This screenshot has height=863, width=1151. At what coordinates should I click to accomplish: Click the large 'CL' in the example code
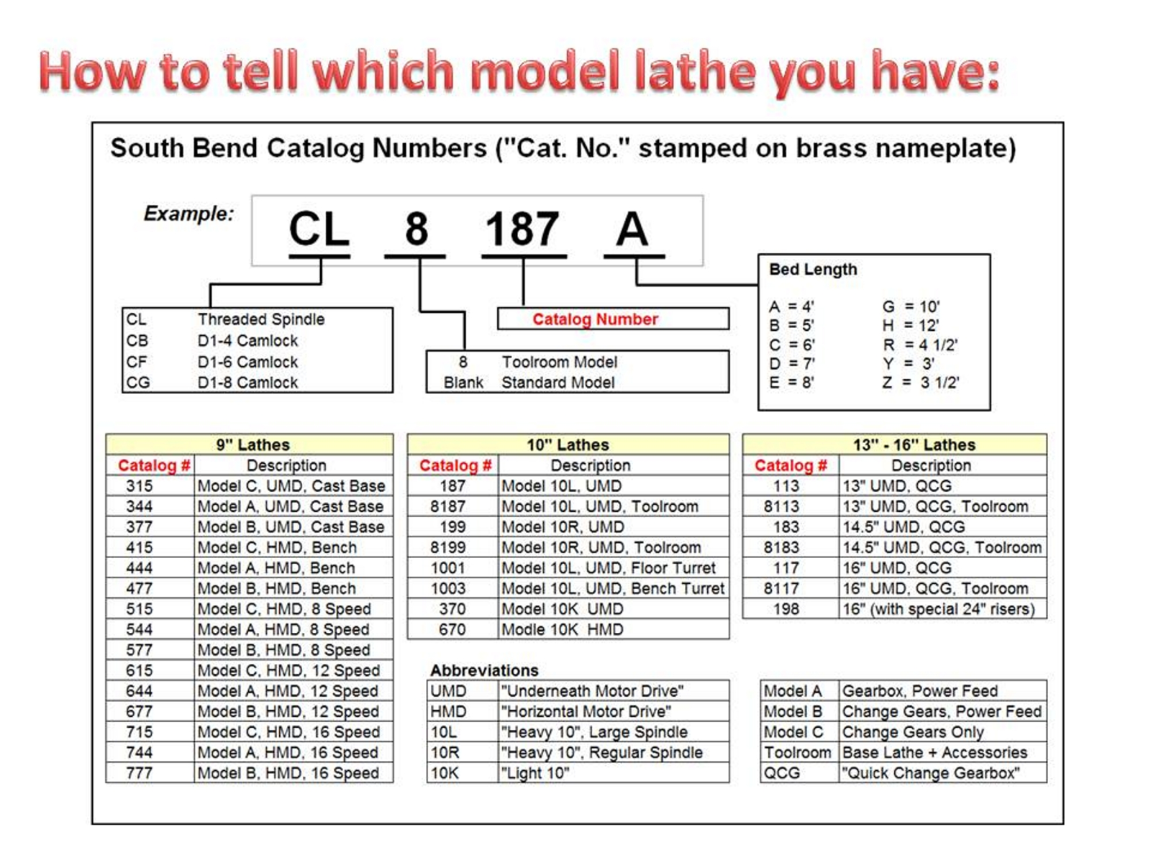point(319,229)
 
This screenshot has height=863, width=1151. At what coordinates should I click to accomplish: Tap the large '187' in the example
point(522,229)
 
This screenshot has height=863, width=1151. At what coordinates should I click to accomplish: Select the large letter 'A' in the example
point(632,229)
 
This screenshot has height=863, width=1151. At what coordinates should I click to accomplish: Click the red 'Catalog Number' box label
point(595,319)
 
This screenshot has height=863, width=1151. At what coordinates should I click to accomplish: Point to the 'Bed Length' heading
point(813,270)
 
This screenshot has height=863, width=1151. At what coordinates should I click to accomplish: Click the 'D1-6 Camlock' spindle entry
point(247,362)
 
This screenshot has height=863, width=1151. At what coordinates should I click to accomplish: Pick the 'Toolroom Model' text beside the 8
point(559,362)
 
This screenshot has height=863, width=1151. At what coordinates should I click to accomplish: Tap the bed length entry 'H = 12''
point(911,325)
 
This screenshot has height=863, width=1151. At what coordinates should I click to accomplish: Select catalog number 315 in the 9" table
point(140,486)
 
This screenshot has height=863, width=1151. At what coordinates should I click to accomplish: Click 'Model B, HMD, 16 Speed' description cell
point(288,773)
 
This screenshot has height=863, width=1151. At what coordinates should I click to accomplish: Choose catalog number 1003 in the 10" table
point(447,588)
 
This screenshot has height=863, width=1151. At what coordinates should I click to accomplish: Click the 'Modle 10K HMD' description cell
point(562,629)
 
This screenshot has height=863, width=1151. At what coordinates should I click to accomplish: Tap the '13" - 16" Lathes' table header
point(914,444)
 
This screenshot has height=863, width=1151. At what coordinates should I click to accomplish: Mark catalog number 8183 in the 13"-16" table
point(781,547)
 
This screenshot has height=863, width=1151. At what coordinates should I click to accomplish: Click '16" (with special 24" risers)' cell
point(938,609)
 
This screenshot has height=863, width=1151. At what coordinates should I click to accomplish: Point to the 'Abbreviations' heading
point(484,670)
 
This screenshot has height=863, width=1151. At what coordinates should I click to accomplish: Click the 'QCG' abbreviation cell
point(782,773)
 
